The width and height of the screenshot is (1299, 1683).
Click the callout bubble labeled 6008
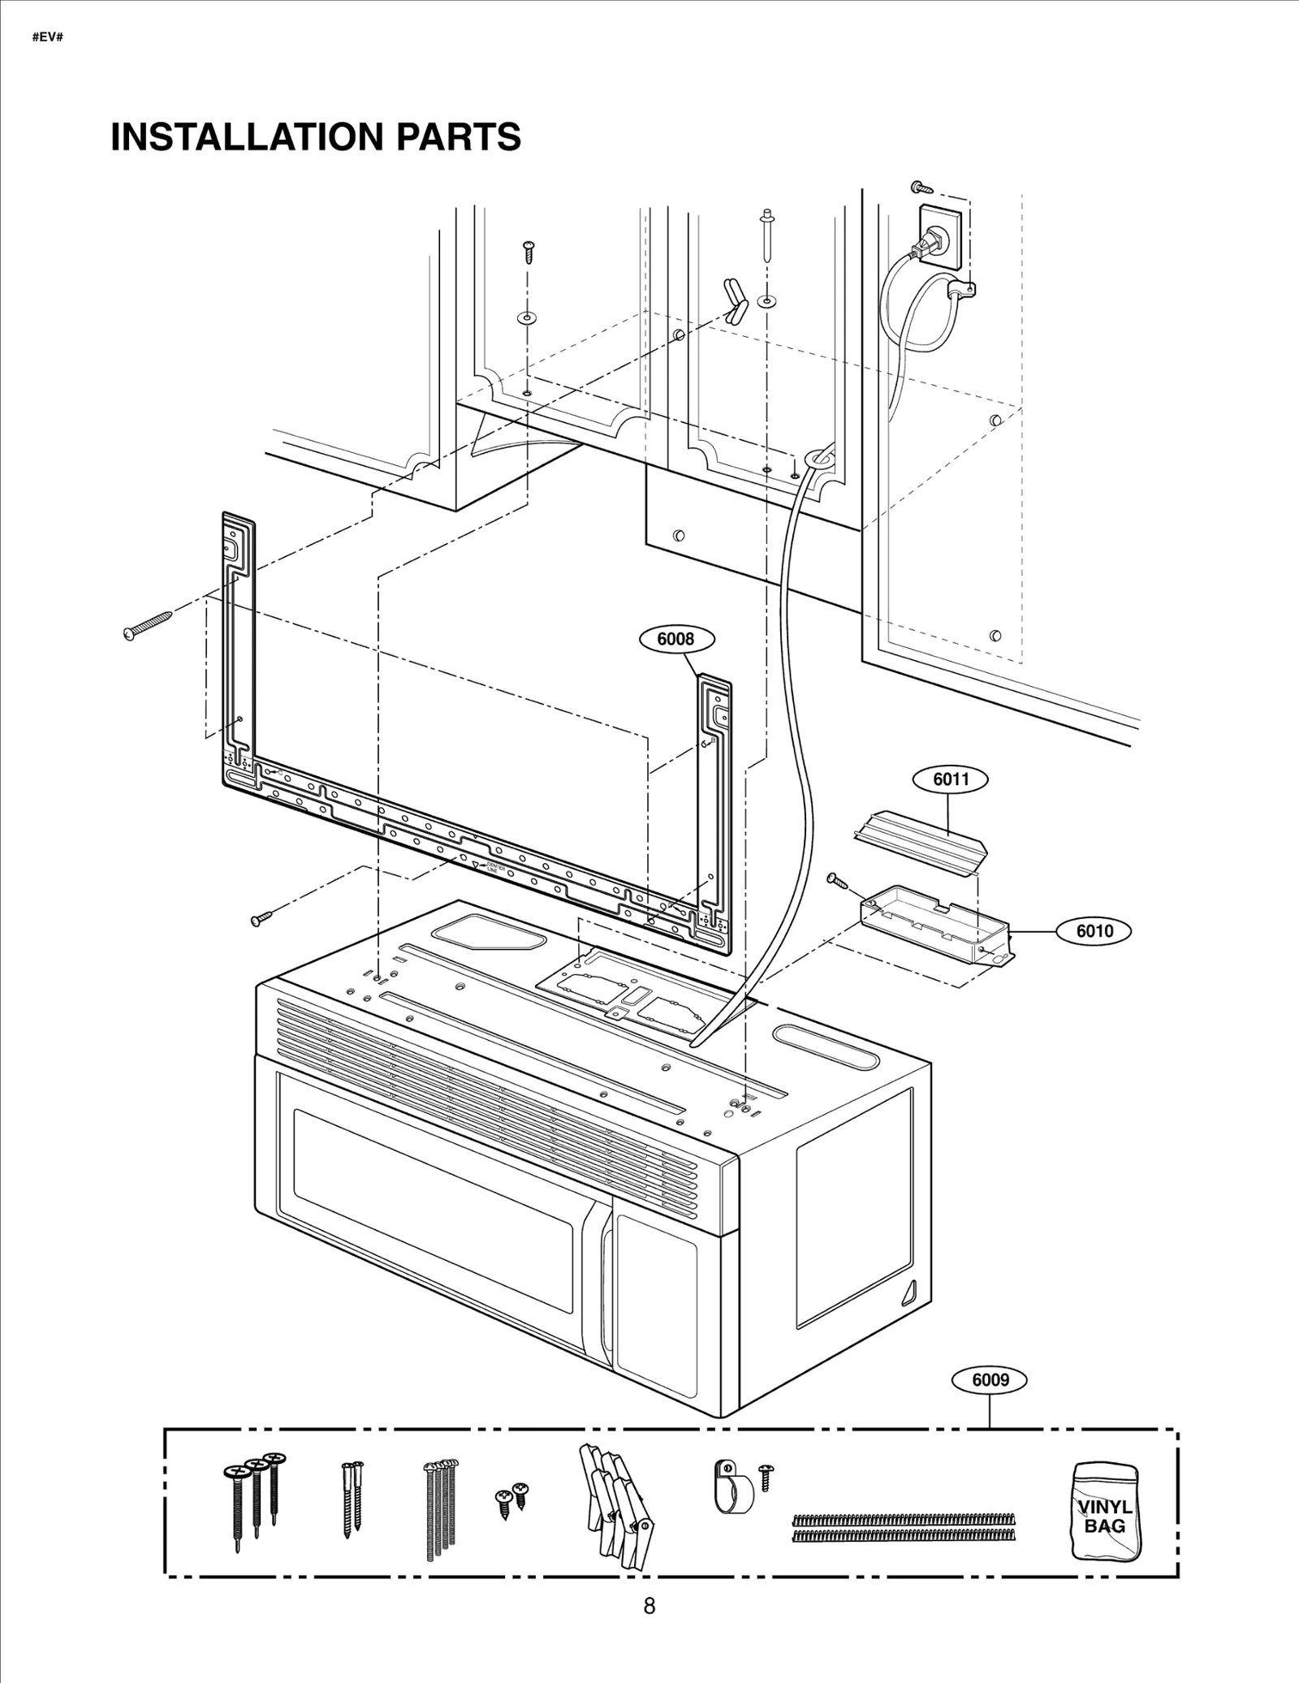(675, 639)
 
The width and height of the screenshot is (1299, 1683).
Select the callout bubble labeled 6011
(951, 779)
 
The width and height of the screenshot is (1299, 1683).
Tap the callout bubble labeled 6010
(1094, 931)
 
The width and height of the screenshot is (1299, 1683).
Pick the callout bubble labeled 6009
(990, 1379)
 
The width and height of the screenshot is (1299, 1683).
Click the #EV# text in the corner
(47, 38)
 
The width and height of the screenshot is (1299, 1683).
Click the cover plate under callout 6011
(921, 842)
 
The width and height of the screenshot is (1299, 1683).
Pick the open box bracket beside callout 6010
(934, 921)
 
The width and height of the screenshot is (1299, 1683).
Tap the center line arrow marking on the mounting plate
(476, 865)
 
